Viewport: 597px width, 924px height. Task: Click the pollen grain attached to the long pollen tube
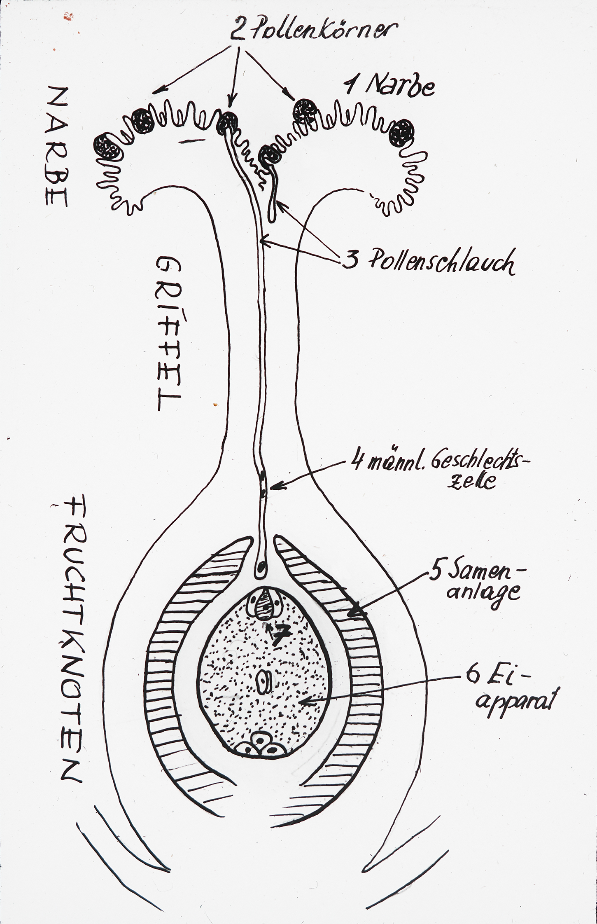(x=228, y=122)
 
